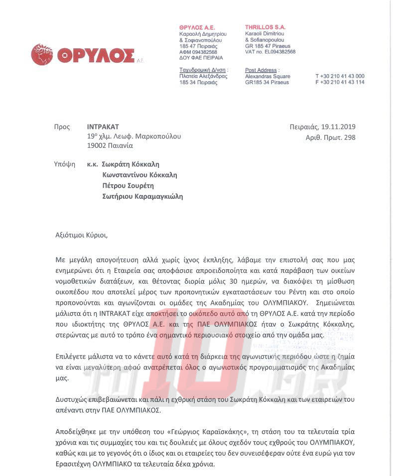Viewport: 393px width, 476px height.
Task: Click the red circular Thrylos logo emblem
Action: [x=42, y=55]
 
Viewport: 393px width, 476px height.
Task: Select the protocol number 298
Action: [x=350, y=137]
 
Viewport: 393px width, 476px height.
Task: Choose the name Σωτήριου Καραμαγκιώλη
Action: [x=142, y=196]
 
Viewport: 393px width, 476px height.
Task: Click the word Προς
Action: [x=62, y=127]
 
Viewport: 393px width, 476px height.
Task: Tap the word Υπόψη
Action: [x=64, y=164]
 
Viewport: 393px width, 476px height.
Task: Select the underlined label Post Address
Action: [x=262, y=70]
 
